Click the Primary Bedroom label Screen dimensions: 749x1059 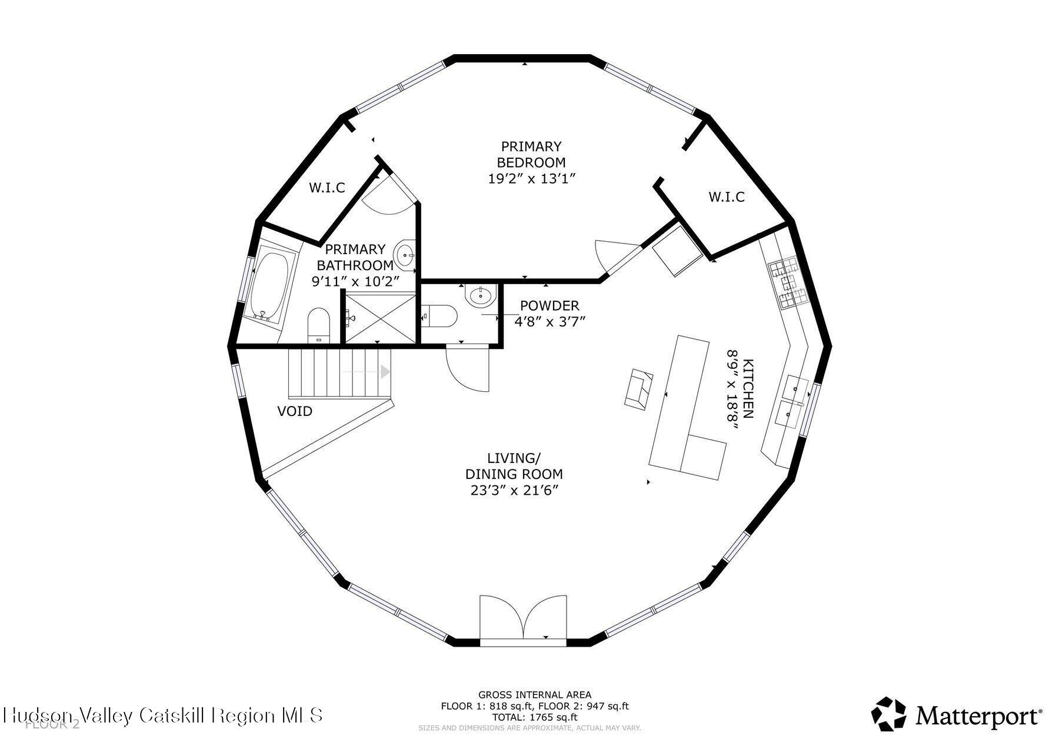coord(531,154)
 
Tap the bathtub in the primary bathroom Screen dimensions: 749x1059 coord(269,286)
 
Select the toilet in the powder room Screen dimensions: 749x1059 coord(440,316)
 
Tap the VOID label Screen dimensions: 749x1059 coord(295,411)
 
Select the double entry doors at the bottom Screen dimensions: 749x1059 coord(523,618)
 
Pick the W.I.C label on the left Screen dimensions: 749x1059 coord(327,188)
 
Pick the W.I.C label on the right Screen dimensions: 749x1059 coord(726,197)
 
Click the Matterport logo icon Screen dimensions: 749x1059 coord(889,714)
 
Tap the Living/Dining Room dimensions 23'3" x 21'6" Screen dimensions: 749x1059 coord(514,490)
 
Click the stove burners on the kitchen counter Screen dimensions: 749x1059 coord(788,285)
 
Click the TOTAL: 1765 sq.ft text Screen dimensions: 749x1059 coord(535,717)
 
